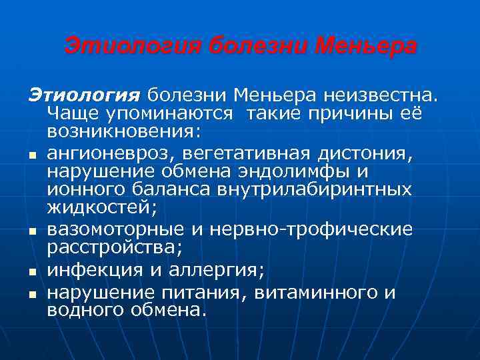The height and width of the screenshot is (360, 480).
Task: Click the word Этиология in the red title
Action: pyautogui.click(x=133, y=47)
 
